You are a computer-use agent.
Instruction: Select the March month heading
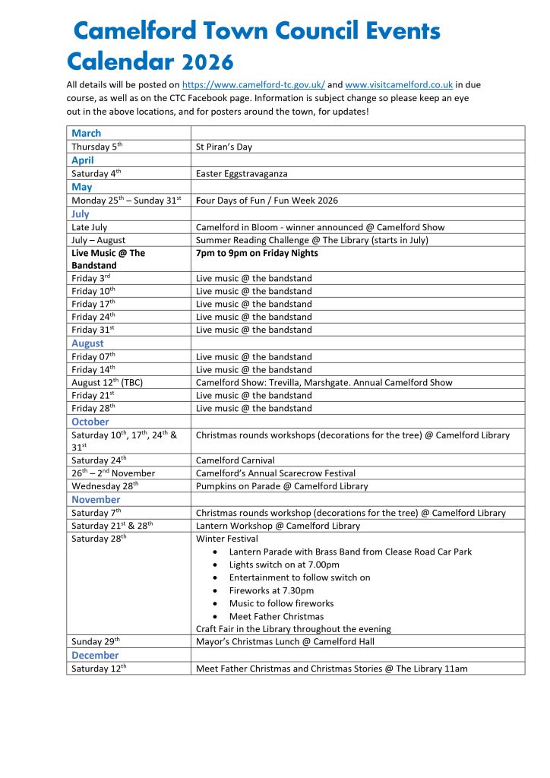pyautogui.click(x=86, y=133)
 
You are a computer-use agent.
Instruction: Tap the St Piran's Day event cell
pyautogui.click(x=223, y=147)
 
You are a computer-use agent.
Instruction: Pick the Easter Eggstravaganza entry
pyautogui.click(x=242, y=173)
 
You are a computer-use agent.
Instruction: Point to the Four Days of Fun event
pyautogui.click(x=267, y=201)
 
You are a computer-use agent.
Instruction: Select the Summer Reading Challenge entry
pyautogui.click(x=311, y=240)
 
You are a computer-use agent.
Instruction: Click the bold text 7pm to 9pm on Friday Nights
pyautogui.click(x=257, y=253)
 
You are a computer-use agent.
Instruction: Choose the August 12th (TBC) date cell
pyautogui.click(x=107, y=382)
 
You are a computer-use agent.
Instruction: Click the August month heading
pyautogui.click(x=87, y=343)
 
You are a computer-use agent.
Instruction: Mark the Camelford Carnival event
pyautogui.click(x=235, y=460)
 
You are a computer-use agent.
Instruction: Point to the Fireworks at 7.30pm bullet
pyautogui.click(x=271, y=590)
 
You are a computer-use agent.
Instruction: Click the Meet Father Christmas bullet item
pyautogui.click(x=276, y=616)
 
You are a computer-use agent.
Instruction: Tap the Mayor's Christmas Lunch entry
pyautogui.click(x=285, y=642)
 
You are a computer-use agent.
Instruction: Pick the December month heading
pyautogui.click(x=95, y=655)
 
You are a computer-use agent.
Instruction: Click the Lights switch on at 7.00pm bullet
pyautogui.click(x=283, y=565)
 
